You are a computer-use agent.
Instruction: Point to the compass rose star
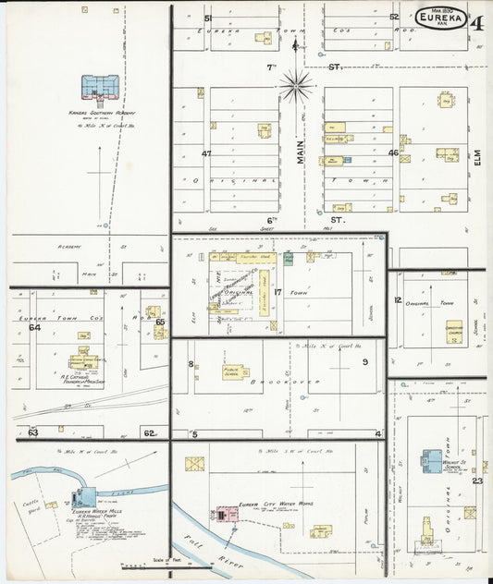[x=297, y=86]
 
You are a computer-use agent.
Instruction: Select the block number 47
[x=206, y=153]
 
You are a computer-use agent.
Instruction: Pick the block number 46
[x=393, y=152]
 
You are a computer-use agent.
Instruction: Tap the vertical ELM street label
[x=478, y=159]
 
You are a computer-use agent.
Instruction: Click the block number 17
[x=277, y=292]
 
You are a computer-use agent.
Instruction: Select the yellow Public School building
[x=238, y=371]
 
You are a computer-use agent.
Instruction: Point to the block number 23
[x=477, y=481]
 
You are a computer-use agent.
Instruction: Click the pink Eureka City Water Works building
[x=225, y=513]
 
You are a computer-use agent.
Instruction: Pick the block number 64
[x=35, y=327]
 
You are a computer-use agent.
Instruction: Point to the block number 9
[x=365, y=361]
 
